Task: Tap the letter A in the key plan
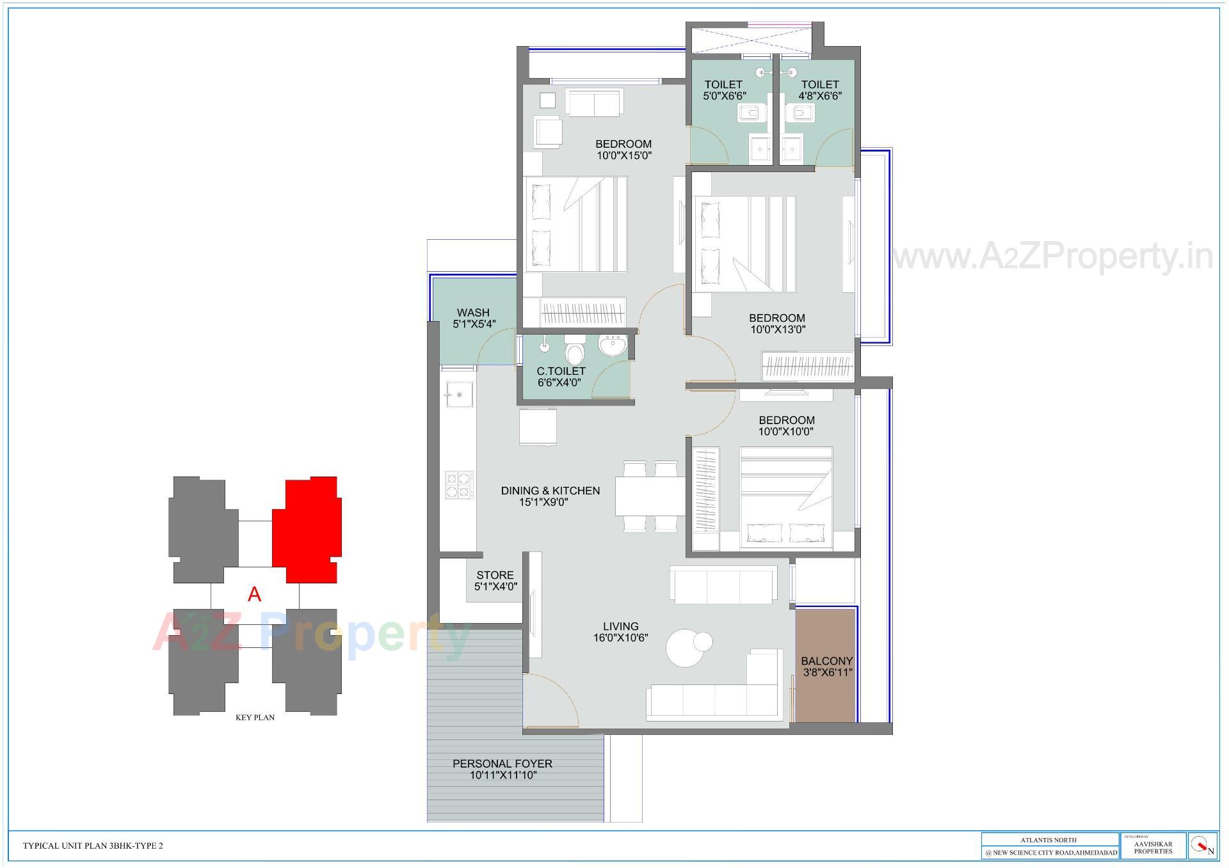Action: tap(255, 595)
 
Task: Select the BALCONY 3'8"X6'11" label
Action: tap(826, 667)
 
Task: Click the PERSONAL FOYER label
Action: tap(502, 769)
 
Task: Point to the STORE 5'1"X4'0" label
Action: tap(495, 580)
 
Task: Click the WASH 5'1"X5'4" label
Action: tap(474, 318)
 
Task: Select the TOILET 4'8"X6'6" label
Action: tap(820, 90)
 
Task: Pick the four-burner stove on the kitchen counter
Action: tap(459, 484)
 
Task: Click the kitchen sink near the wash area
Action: tap(459, 395)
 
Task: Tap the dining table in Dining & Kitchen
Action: tap(650, 496)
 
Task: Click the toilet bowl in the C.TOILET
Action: tap(575, 352)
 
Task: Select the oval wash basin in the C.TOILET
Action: tap(613, 346)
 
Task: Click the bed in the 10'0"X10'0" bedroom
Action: tap(786, 498)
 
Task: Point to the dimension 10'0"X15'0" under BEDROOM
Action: tap(623, 155)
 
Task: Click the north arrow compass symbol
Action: tap(1201, 846)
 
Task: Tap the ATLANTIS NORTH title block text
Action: tap(1048, 840)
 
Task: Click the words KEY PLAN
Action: tap(255, 718)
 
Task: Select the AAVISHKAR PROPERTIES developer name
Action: tap(1153, 848)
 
